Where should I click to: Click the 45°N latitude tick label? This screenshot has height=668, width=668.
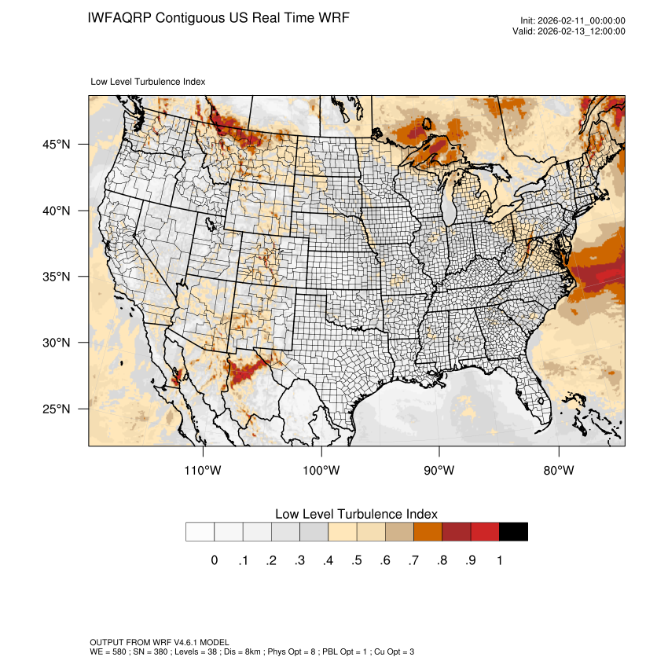click(56, 145)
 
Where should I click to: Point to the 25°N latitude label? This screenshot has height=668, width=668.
click(56, 409)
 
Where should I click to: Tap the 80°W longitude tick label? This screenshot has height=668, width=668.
click(559, 471)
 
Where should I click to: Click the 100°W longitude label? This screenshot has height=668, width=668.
click(321, 471)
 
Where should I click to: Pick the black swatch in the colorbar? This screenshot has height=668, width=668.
click(513, 532)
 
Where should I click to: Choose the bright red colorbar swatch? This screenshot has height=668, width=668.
click(485, 532)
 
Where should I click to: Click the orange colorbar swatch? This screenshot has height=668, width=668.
click(428, 532)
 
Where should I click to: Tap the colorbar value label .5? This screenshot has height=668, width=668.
click(356, 560)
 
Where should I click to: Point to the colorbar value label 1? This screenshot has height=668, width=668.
click(499, 560)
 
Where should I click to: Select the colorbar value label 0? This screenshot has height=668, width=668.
click(214, 560)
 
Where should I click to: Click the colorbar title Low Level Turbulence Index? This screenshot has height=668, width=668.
click(356, 514)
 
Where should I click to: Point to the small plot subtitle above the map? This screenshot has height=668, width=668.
click(149, 82)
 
